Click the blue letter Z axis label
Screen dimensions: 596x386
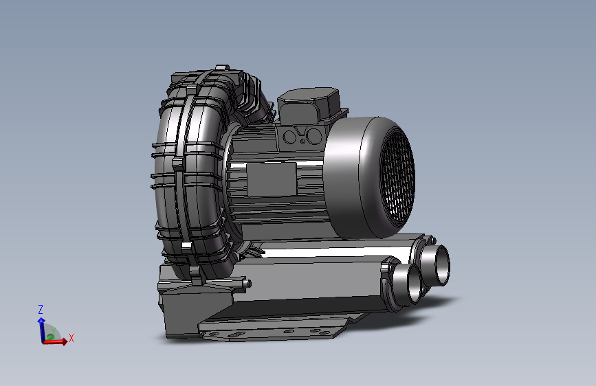(x=41, y=309)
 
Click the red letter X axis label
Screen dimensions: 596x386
(x=71, y=338)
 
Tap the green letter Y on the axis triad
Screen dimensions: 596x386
(x=54, y=331)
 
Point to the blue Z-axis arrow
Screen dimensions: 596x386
(x=41, y=330)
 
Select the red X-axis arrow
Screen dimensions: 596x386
(x=56, y=341)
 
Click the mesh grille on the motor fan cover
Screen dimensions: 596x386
(x=397, y=176)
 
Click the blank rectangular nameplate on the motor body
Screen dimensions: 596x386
(x=272, y=179)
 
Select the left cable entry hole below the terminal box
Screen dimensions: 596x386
(x=290, y=137)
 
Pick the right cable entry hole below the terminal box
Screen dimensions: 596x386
(x=314, y=136)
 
